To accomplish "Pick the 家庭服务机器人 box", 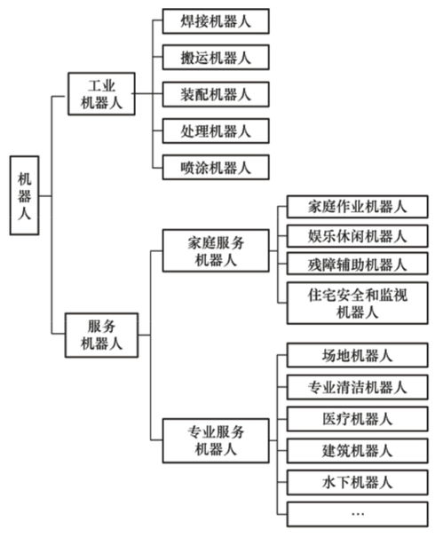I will point(216,251).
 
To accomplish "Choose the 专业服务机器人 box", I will point(216,440).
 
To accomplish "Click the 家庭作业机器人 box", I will point(357,206).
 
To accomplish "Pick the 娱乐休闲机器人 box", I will point(357,235).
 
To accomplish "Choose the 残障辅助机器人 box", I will point(357,265).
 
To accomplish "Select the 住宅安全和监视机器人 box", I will point(357,303).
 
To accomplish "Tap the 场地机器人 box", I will point(357,355).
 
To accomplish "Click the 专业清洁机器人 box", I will point(357,387).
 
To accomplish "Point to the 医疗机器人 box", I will point(357,418).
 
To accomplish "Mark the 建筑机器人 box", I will point(357,450).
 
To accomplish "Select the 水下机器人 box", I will point(357,482).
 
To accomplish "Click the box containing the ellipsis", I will point(357,513).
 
